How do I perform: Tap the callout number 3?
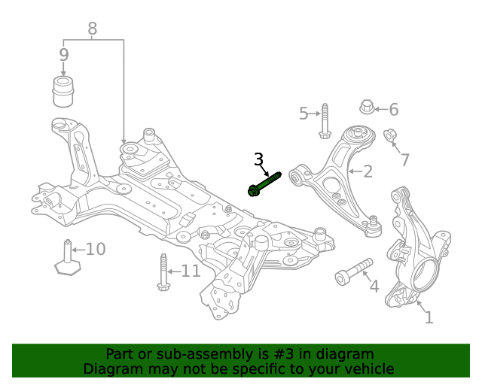[x=258, y=159]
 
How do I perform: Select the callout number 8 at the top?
[x=93, y=29]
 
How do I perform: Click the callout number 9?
[x=63, y=55]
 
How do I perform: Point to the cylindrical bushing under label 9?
[x=65, y=91]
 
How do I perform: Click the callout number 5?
[x=304, y=114]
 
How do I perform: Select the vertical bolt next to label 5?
[x=325, y=121]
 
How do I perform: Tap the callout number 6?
[x=393, y=110]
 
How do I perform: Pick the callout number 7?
[x=404, y=159]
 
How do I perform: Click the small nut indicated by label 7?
[x=390, y=136]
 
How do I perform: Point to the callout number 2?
[x=367, y=172]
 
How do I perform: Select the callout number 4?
[x=373, y=286]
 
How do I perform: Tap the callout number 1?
[x=429, y=317]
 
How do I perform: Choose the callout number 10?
[x=95, y=249]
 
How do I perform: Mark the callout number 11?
[x=190, y=271]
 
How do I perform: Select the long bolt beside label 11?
[x=161, y=271]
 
